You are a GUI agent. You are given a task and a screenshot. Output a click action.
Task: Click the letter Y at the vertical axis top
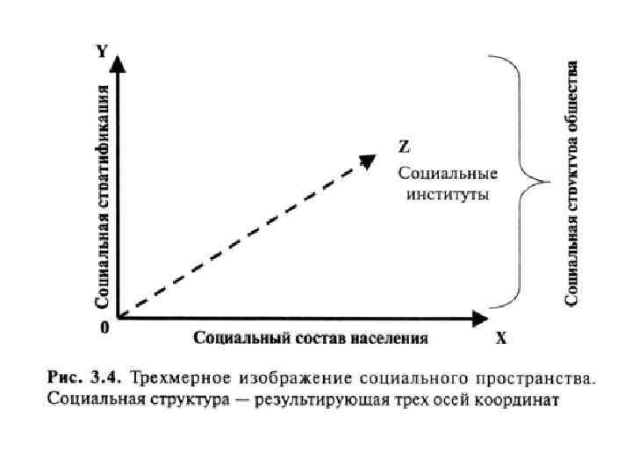(102, 51)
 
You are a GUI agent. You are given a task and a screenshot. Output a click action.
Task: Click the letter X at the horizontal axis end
(500, 337)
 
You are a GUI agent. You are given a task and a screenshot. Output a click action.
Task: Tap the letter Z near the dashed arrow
(403, 145)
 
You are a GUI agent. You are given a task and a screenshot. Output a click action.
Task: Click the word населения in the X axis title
(389, 338)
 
